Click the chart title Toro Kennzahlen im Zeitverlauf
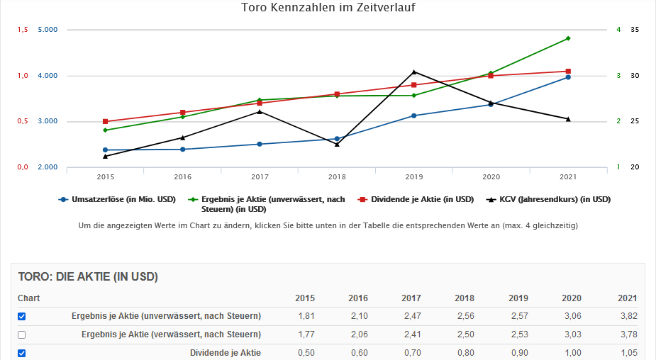tap(328, 8)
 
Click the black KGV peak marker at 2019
tap(414, 72)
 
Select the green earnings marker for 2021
tap(568, 38)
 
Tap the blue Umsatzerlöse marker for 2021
tap(568, 77)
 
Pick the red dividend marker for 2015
tap(105, 122)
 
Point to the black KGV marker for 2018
tap(337, 144)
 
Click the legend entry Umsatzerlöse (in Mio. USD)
tap(121, 200)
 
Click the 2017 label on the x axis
tap(260, 176)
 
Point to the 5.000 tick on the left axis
tap(47, 30)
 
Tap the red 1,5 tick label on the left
tap(22, 30)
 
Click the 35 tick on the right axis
tap(635, 30)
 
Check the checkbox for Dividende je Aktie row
tap(21, 353)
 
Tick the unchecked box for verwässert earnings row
tap(21, 334)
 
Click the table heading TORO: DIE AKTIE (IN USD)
tap(88, 276)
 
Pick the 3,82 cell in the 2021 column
tap(628, 316)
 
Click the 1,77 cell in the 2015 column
tap(306, 334)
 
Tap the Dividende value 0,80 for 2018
tap(465, 353)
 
